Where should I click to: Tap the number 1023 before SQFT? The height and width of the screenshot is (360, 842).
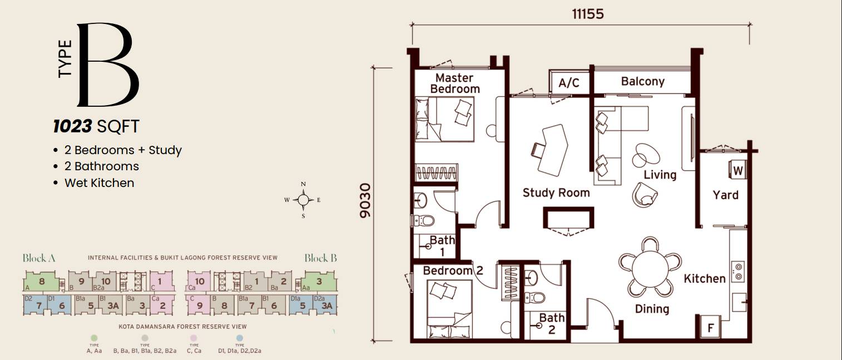(72, 127)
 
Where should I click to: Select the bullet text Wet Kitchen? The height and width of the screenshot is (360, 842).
(99, 183)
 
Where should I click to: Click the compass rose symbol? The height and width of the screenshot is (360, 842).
(303, 200)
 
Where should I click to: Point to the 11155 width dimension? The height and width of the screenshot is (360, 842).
(587, 14)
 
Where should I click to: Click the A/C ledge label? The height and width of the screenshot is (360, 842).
(569, 83)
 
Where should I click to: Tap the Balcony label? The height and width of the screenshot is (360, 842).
(642, 81)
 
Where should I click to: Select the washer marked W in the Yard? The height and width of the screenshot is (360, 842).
(737, 170)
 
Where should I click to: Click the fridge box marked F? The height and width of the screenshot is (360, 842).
(710, 328)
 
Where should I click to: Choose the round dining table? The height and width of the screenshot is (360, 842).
(650, 267)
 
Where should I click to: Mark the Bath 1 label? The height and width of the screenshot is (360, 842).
(442, 245)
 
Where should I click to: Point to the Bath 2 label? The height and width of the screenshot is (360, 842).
(552, 323)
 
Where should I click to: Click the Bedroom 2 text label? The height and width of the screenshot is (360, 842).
(453, 271)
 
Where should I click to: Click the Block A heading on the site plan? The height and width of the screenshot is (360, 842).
(38, 258)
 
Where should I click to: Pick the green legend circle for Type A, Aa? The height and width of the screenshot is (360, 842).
(94, 338)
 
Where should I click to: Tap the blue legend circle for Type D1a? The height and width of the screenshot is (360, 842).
(240, 338)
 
